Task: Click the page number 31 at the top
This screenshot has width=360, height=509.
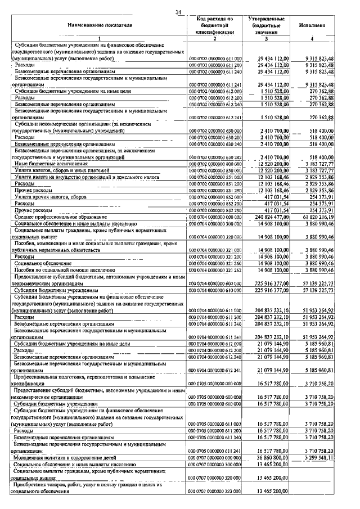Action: (178, 12)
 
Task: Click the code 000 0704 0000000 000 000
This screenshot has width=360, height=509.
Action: (215, 217)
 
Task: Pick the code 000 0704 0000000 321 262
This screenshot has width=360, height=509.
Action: (215, 270)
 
